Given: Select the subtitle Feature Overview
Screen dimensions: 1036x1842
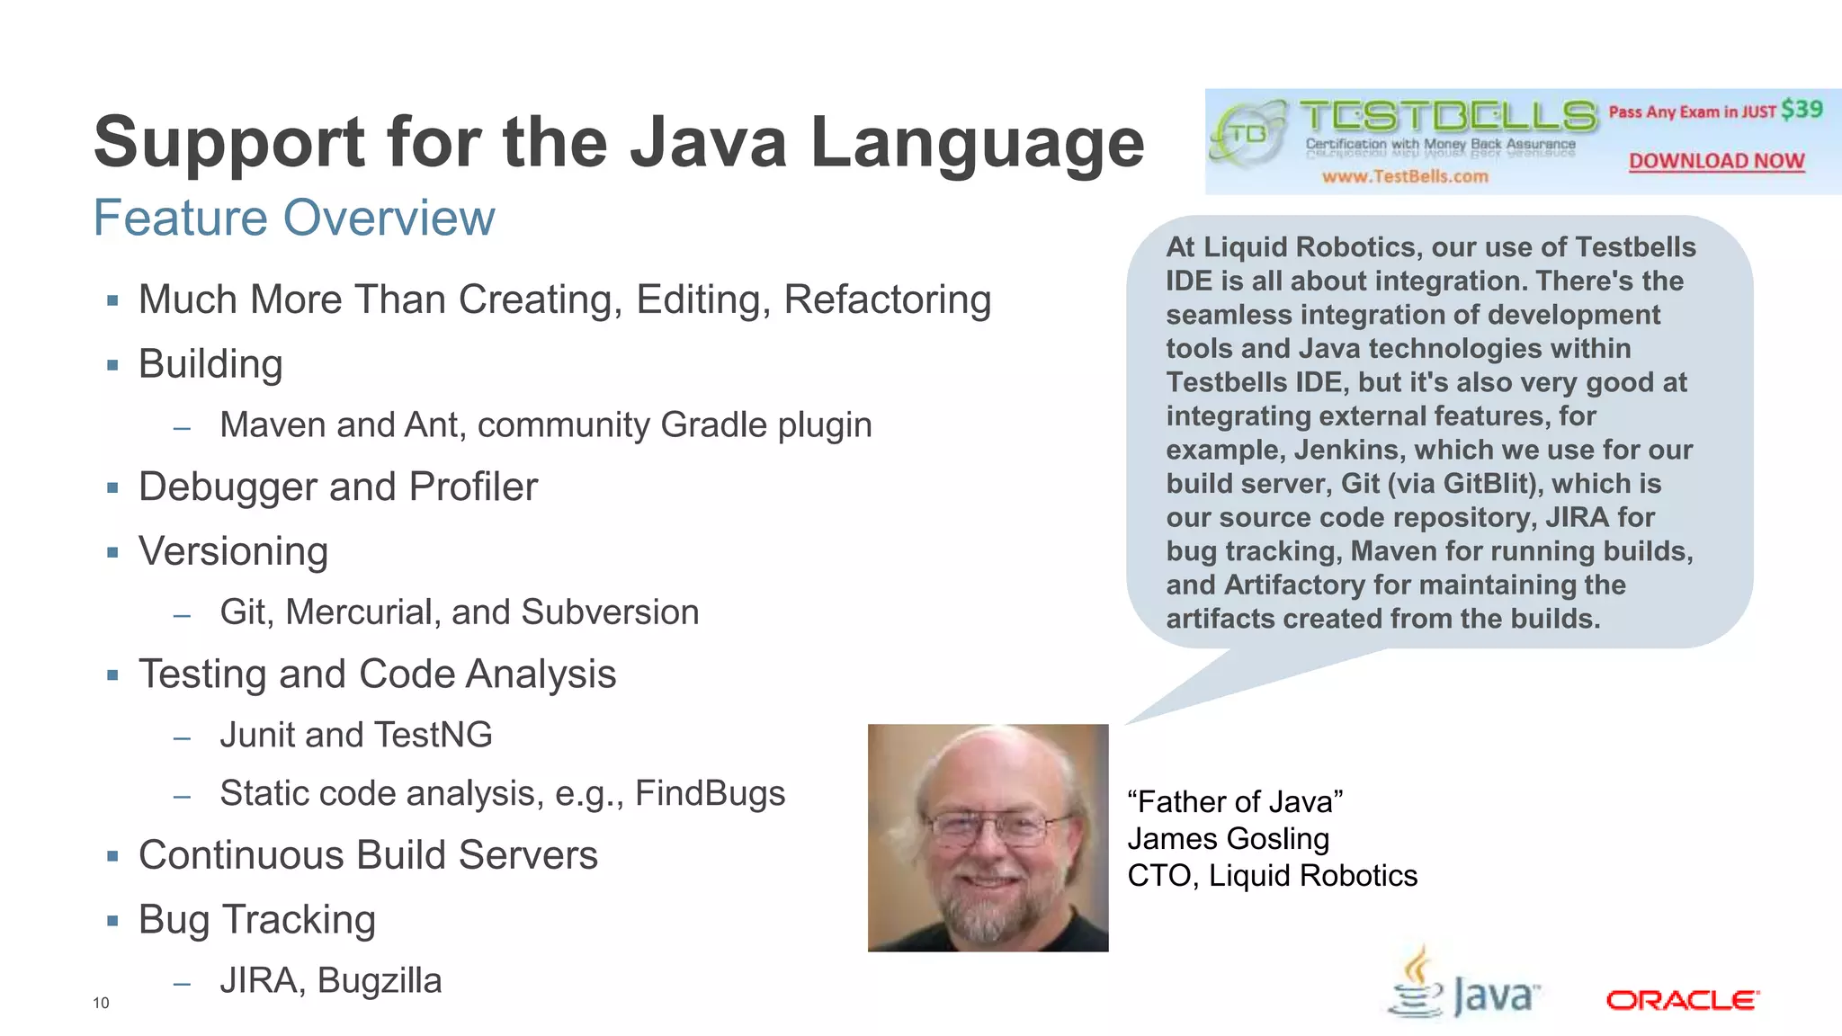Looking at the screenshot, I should point(294,218).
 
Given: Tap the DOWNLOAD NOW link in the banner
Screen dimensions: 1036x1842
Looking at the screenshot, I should point(1716,161).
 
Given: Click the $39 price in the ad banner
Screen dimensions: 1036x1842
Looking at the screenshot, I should point(1802,110).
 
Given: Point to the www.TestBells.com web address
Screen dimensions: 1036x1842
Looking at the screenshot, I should point(1404,176).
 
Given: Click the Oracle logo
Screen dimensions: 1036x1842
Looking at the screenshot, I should point(1682,1000).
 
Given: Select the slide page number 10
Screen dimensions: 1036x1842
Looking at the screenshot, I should point(101,1003).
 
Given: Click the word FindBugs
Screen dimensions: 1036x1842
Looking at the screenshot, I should point(710,793).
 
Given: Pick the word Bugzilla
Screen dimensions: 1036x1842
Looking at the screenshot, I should point(380,980).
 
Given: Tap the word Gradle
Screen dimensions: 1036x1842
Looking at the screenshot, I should point(713,425).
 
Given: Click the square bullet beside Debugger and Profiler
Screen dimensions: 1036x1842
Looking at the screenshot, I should point(112,487).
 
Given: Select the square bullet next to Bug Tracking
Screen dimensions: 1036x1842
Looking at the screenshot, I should point(112,920).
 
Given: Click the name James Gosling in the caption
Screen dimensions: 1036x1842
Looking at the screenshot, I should point(1228,838).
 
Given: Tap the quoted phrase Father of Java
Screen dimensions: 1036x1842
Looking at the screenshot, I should point(1235,801).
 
